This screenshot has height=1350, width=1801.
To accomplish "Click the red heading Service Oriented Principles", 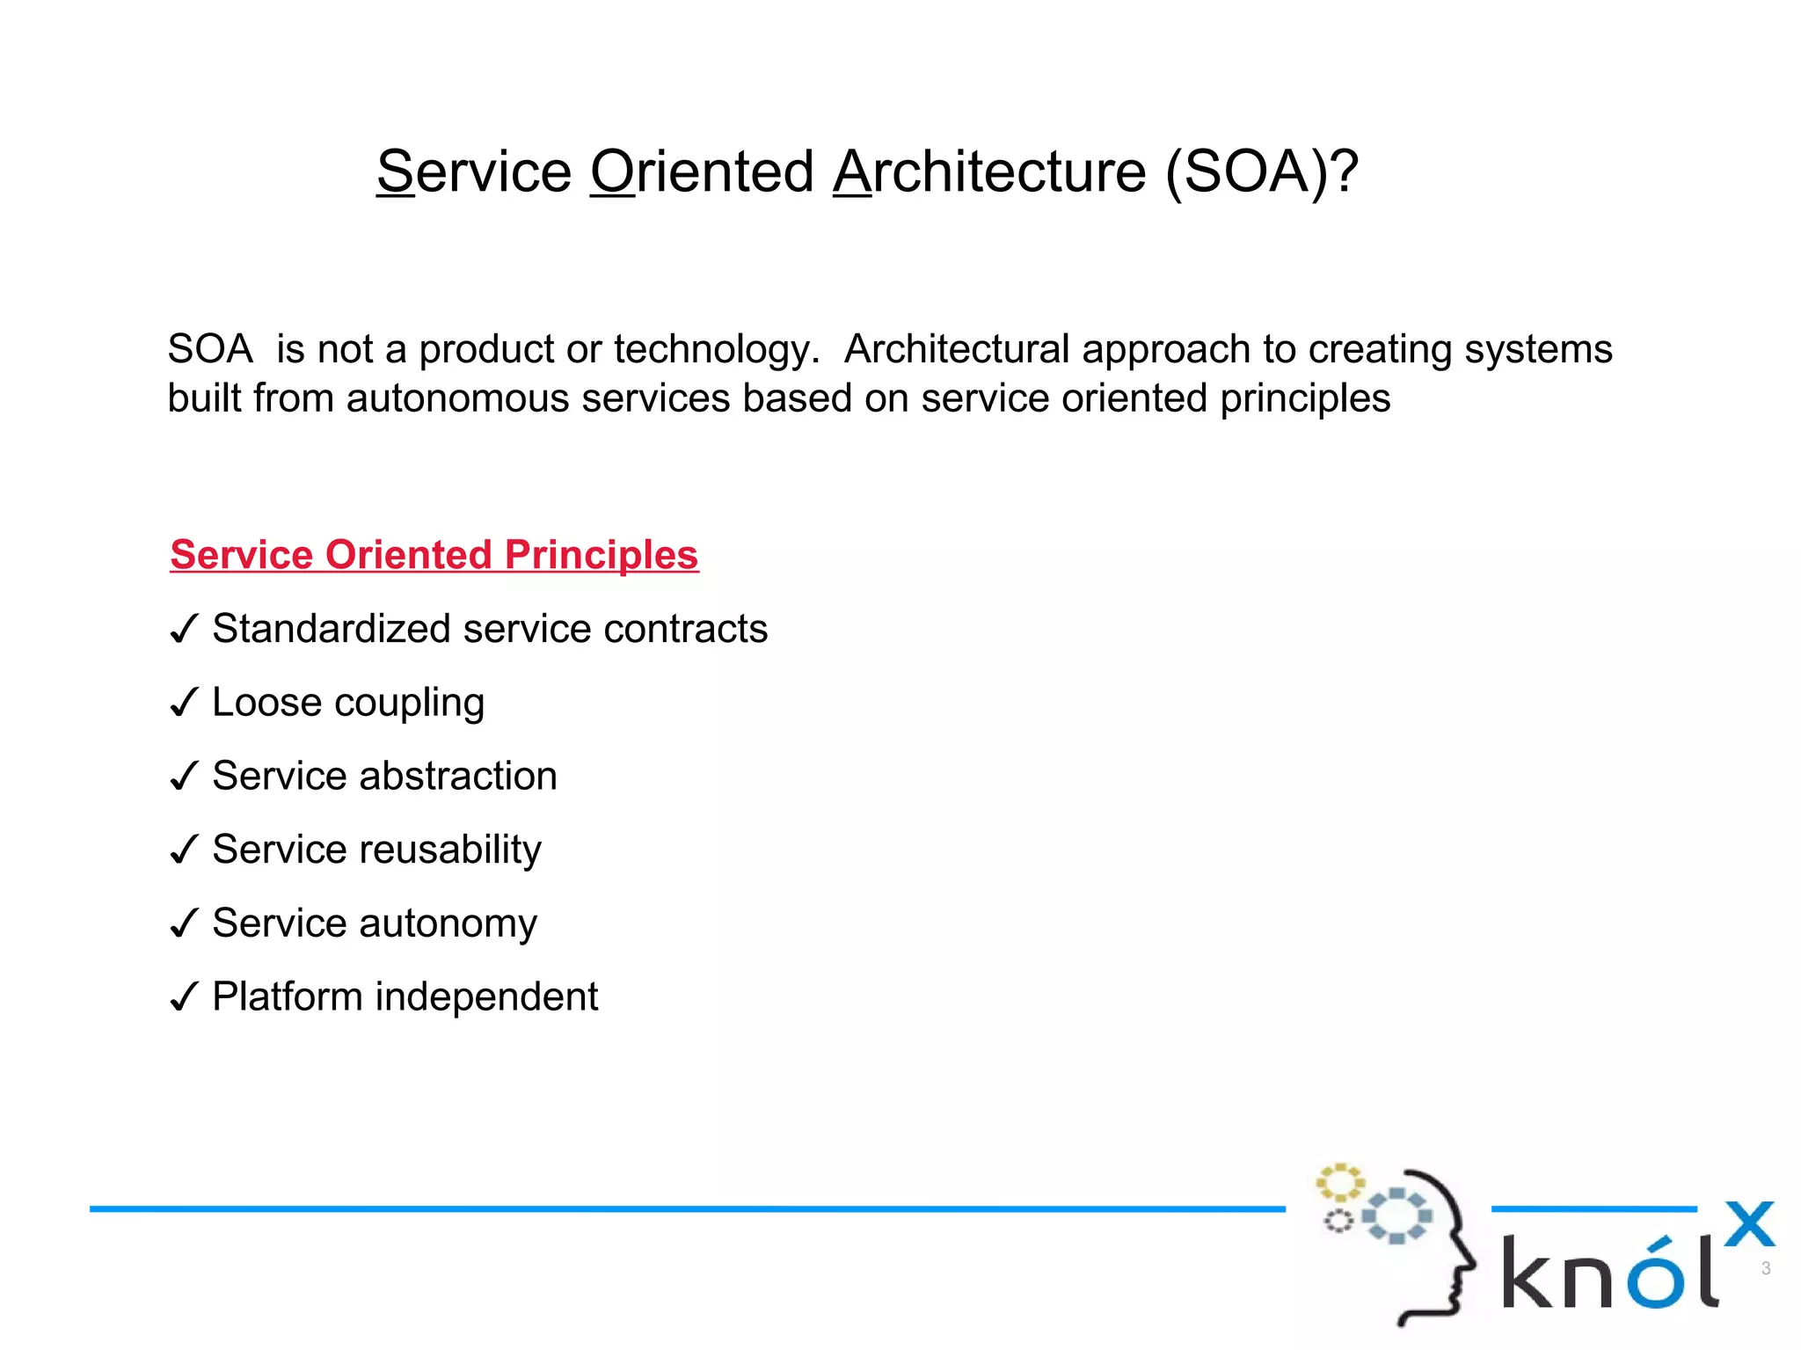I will coord(434,555).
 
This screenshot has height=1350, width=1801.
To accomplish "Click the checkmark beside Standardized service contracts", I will coord(183,630).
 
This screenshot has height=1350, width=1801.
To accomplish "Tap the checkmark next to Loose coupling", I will coord(183,704).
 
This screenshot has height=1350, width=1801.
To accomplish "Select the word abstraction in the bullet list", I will coord(457,776).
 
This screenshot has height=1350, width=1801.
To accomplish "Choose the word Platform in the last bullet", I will coord(288,996).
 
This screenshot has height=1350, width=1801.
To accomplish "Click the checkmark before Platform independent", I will coord(183,998).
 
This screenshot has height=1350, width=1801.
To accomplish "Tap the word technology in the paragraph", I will coord(714,350).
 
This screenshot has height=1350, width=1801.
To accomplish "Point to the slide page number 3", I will coord(1765,1268).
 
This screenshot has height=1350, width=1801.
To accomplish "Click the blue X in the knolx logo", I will coord(1748,1224).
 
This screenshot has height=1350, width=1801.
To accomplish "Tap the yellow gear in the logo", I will coord(1338,1183).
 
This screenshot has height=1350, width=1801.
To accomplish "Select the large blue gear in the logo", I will coord(1396,1215).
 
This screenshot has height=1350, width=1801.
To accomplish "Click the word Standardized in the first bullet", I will coord(332,629).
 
